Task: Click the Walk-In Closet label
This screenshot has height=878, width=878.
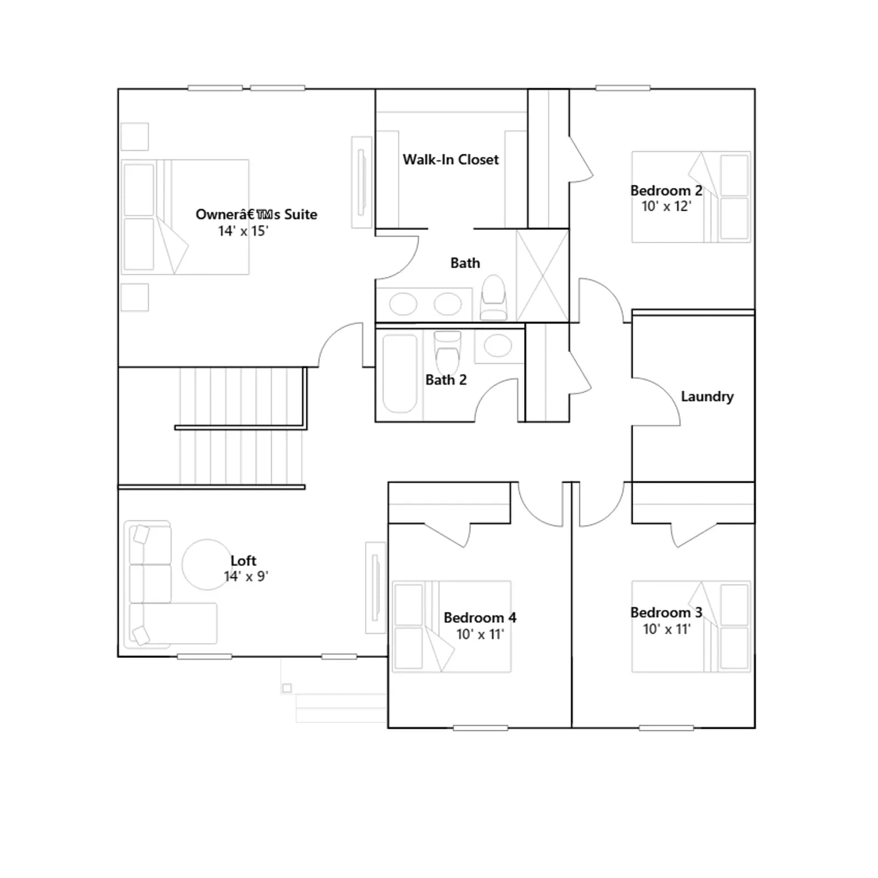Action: click(451, 160)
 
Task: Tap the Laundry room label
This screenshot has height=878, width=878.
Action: click(707, 397)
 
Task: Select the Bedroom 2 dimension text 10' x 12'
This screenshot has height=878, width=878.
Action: click(666, 206)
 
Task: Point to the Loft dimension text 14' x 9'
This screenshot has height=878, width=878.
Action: click(246, 576)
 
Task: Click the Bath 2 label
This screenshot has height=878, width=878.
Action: click(446, 380)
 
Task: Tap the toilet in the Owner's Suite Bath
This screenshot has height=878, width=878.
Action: click(493, 297)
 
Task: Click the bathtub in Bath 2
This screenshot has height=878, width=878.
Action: click(399, 373)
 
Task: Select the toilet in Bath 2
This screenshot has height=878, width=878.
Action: click(447, 351)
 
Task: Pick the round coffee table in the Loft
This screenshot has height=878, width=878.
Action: click(207, 564)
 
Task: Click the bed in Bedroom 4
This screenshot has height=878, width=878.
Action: click(452, 627)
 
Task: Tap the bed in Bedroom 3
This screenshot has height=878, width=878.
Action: click(691, 627)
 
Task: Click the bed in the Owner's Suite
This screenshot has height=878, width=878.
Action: click(185, 217)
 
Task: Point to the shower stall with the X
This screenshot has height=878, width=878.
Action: click(542, 276)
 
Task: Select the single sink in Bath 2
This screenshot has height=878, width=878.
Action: click(498, 346)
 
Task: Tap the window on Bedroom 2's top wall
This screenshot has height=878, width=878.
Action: click(623, 88)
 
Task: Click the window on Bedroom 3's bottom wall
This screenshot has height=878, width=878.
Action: click(666, 728)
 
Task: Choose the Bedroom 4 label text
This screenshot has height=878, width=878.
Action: click(480, 618)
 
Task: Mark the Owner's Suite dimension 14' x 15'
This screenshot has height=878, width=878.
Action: click(243, 231)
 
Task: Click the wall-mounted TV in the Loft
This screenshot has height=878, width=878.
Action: click(376, 588)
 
